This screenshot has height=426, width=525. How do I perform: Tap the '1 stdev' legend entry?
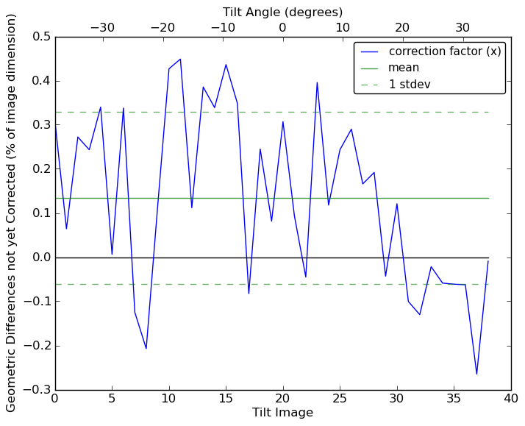point(409,84)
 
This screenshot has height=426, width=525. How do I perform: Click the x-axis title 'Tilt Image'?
point(282,413)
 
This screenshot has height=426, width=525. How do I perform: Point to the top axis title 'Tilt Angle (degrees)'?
point(282,12)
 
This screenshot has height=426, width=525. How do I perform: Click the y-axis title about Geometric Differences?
point(12,213)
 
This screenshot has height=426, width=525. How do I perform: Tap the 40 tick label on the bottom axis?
point(511,400)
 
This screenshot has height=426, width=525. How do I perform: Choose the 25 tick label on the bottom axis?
point(340,400)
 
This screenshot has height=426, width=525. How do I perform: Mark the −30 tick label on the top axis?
point(102,27)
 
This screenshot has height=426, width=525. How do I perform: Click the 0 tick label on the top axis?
point(282,27)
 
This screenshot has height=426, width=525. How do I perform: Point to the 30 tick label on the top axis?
point(463,27)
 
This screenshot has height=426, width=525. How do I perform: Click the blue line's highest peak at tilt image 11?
point(180,59)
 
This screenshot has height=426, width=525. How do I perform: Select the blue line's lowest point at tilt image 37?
point(476,374)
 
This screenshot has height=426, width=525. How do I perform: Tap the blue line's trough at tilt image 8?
point(146,348)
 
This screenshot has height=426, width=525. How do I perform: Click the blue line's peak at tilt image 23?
point(317,82)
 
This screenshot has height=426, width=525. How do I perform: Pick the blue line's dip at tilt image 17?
point(249,294)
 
